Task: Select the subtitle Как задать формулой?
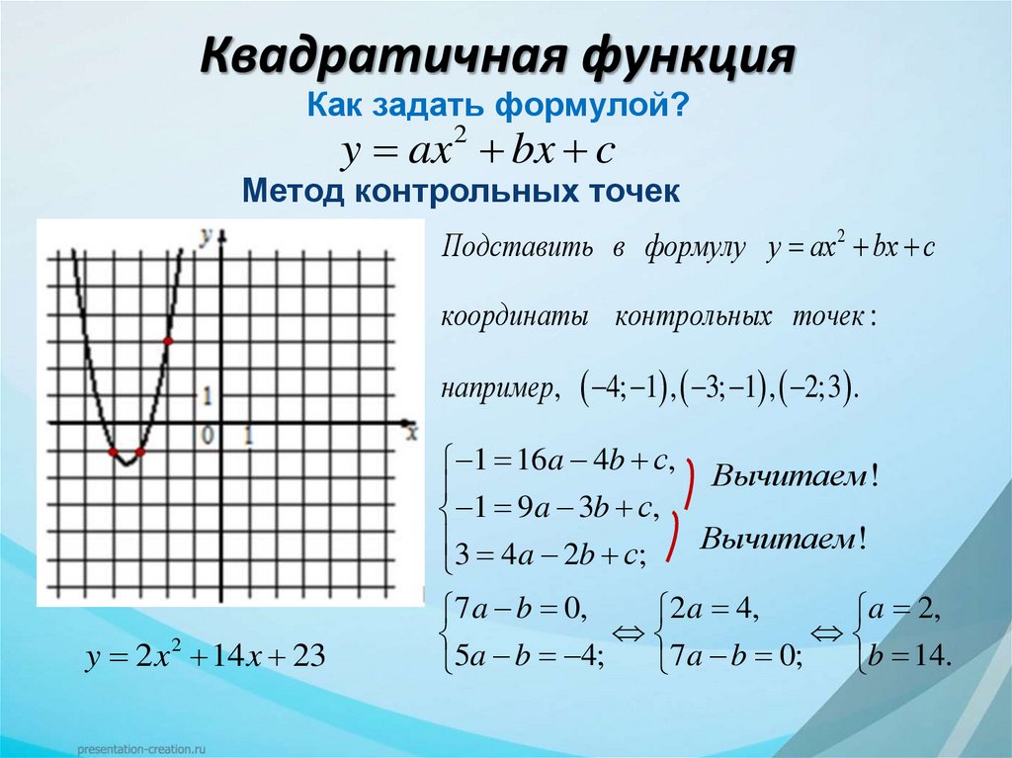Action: click(499, 104)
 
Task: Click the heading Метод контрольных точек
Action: click(461, 190)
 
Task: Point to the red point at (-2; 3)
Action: click(167, 341)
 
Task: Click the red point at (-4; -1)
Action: click(113, 452)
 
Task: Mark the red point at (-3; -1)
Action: click(139, 452)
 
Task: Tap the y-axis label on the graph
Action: click(206, 236)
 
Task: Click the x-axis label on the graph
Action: click(412, 428)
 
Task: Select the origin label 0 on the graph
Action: click(207, 435)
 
